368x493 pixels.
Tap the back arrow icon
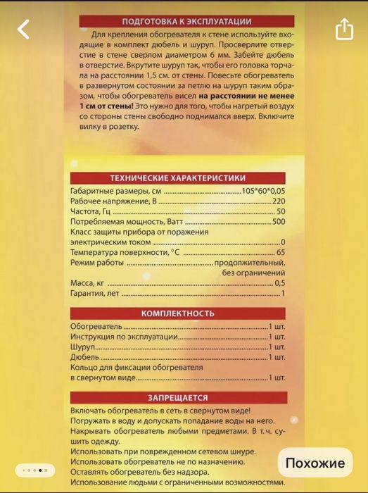[x=24, y=29]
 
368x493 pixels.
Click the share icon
[x=343, y=29]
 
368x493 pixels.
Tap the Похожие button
[x=315, y=463]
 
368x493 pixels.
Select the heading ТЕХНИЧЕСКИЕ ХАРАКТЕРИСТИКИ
[x=178, y=178]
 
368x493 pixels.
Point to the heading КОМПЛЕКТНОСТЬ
[x=178, y=313]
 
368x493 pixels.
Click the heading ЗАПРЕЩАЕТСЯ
[x=178, y=397]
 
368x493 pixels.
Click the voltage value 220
[x=279, y=201]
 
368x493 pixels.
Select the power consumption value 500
[x=278, y=222]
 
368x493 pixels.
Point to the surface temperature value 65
[x=281, y=252]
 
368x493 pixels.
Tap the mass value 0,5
[x=279, y=282]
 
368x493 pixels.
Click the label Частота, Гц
[x=91, y=211]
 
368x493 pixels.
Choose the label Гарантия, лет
[x=96, y=292]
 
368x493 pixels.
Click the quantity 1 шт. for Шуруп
[x=277, y=347]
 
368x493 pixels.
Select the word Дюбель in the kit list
[x=84, y=357]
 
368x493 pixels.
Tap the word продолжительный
[x=249, y=262]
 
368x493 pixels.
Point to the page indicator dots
[x=34, y=470]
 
